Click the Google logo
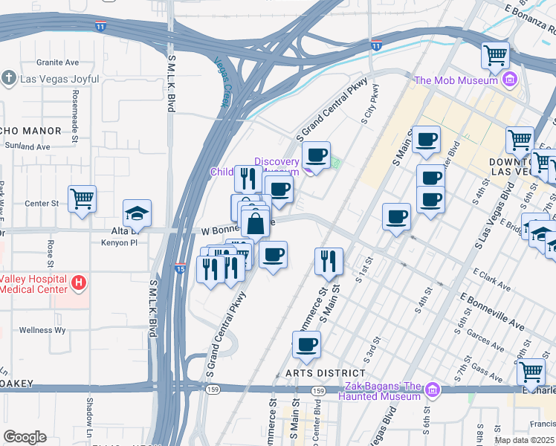tap(25, 437)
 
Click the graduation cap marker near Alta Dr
tap(138, 214)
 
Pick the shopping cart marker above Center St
tap(82, 199)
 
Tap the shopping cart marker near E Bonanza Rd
tap(495, 54)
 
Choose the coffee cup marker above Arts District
tap(306, 344)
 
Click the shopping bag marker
tap(255, 222)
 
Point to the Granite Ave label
tap(57, 62)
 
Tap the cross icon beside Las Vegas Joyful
tap(8, 77)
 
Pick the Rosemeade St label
tap(76, 107)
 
